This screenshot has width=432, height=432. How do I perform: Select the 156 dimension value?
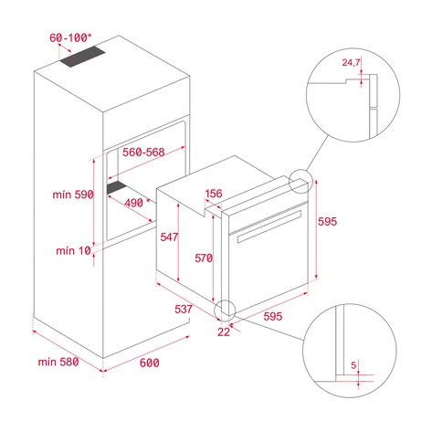point(216,193)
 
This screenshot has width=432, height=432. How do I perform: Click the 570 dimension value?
point(204,258)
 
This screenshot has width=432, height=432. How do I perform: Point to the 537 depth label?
point(183,310)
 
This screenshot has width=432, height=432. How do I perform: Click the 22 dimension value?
point(225,332)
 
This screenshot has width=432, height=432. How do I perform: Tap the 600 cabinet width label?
point(150,363)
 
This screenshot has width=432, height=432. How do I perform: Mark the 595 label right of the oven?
point(329,221)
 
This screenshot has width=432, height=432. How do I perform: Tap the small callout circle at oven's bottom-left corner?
point(225,309)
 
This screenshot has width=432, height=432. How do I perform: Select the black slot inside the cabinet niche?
point(118,188)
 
